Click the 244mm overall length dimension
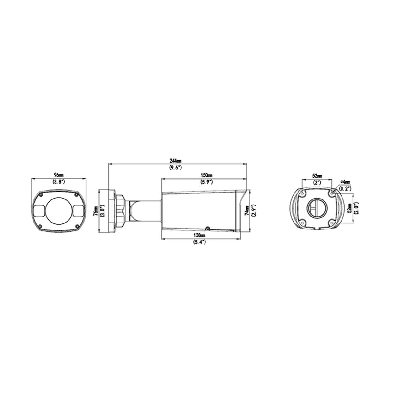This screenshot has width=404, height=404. (x=176, y=161)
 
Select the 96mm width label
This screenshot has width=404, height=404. (x=59, y=175)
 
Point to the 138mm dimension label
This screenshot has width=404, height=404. (x=199, y=235)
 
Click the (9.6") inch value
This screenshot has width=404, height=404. (x=176, y=168)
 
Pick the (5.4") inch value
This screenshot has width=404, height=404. (x=199, y=242)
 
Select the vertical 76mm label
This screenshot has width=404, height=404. (x=96, y=211)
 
